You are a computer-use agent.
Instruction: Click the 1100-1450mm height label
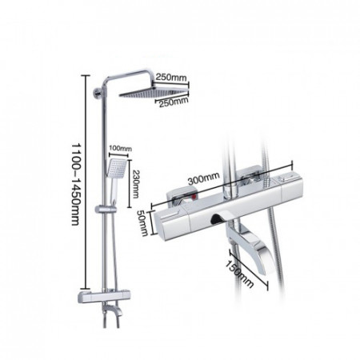coord(76,184)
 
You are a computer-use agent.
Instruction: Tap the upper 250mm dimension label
coord(171,78)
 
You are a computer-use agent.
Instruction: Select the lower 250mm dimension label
coord(174,102)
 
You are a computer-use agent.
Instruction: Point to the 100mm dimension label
coord(120,148)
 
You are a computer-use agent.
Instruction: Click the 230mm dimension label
coord(136,184)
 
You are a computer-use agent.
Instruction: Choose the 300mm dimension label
coord(204,178)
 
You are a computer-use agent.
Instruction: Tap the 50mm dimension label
coord(142,222)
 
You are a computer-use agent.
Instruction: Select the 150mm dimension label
coord(239,274)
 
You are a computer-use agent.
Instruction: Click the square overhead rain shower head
coord(154,92)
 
